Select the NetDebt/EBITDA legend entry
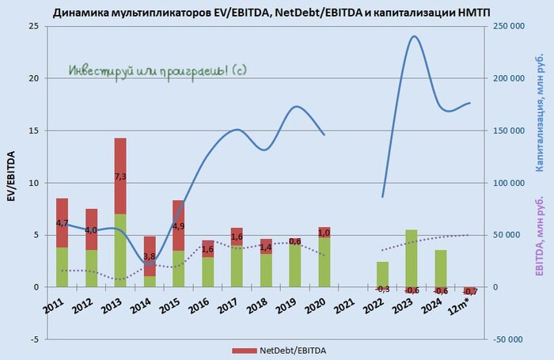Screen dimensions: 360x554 (280, 350)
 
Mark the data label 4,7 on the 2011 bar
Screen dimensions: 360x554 (63, 223)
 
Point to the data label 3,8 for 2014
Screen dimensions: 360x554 (150, 256)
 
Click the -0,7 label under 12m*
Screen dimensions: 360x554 (470, 293)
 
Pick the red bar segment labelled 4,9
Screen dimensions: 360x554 (179, 225)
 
